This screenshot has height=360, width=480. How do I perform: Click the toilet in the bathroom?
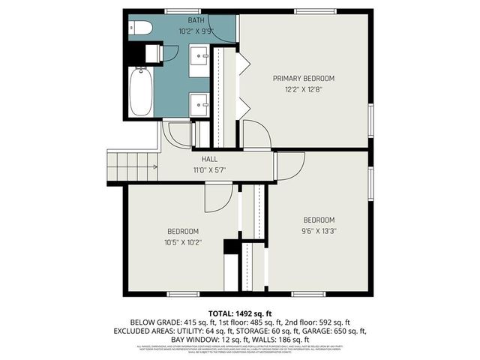pyautogui.click(x=141, y=28)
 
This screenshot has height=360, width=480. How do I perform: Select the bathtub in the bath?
pyautogui.click(x=140, y=91)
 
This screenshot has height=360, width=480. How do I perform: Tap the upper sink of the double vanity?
pyautogui.click(x=200, y=55)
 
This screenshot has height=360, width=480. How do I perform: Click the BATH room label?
pyautogui.click(x=196, y=20)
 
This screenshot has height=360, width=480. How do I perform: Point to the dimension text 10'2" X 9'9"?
pyautogui.click(x=196, y=31)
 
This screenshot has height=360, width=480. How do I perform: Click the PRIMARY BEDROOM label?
pyautogui.click(x=303, y=78)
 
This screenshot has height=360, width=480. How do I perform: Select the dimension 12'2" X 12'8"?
pyautogui.click(x=303, y=89)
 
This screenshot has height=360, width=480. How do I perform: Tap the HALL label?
pyautogui.click(x=209, y=159)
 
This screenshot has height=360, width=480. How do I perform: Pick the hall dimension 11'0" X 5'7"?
pyautogui.click(x=209, y=170)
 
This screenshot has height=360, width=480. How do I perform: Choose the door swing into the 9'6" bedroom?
pyautogui.click(x=291, y=165)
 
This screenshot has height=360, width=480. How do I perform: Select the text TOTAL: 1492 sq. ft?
pyautogui.click(x=239, y=312)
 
